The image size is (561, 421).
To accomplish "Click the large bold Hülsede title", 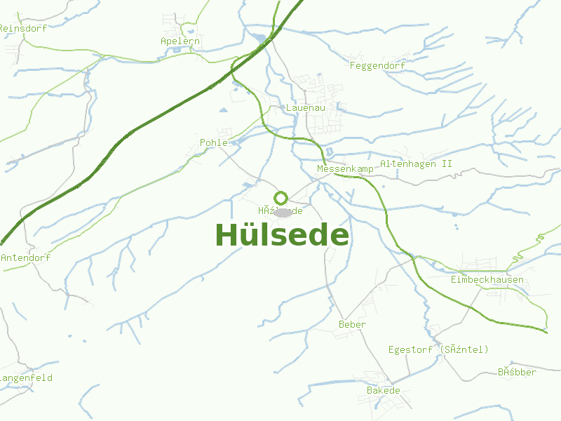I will [x=281, y=235].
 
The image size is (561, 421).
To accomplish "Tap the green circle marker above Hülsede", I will [x=280, y=198].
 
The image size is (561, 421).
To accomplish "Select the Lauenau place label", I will [x=303, y=108].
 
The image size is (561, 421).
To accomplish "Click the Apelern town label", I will [x=180, y=41].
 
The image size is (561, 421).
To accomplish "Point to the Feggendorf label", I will [x=377, y=66].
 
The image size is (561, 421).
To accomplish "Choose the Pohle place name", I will [x=214, y=142].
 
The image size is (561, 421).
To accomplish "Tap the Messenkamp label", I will [x=345, y=170].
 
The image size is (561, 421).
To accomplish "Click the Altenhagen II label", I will [x=416, y=164].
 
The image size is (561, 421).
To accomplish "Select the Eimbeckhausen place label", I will [x=487, y=280].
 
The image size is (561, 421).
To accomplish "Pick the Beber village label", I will [x=352, y=325].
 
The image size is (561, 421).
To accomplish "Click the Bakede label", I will [x=383, y=391].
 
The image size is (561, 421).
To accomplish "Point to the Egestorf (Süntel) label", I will [x=438, y=349].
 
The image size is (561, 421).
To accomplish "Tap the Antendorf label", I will [x=25, y=258].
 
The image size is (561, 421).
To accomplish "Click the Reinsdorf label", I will [x=22, y=29].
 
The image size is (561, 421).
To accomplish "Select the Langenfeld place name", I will [x=25, y=378].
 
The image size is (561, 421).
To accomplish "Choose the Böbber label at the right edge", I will [x=517, y=372].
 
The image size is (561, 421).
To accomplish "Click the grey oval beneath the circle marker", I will [x=282, y=212].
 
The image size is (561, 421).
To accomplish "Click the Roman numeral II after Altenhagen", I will [x=447, y=164].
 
